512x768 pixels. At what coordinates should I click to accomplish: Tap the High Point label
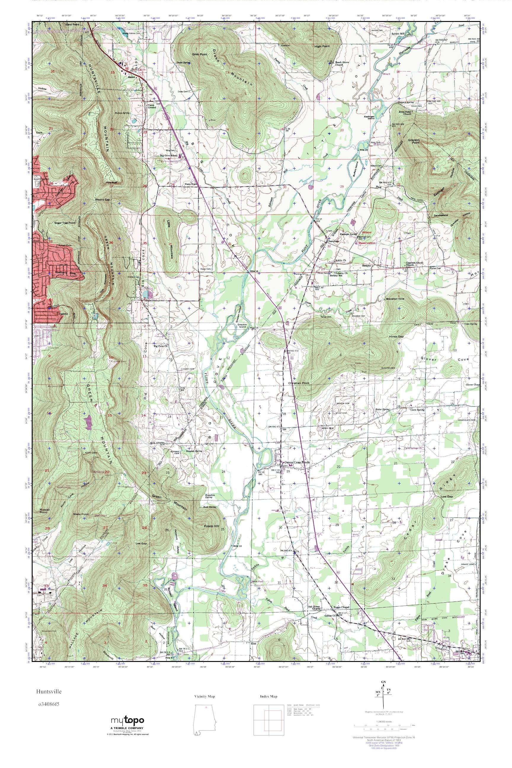[x=322, y=46]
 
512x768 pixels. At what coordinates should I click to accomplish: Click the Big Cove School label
[x=169, y=156]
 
